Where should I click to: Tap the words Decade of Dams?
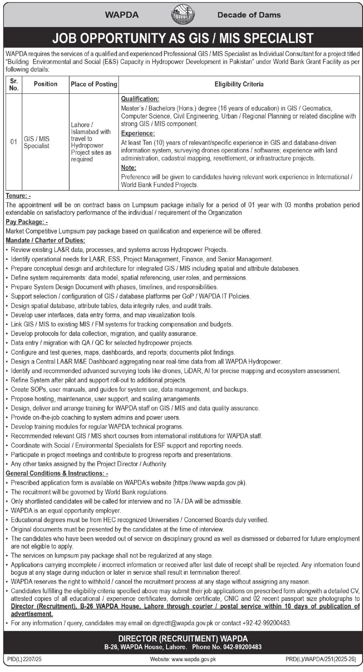point(249,15)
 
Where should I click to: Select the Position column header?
point(45,84)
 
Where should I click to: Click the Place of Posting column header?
point(94,84)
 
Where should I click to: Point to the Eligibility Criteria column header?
point(239,84)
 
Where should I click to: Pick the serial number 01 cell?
point(14,142)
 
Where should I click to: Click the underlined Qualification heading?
point(140,99)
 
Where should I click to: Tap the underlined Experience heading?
point(138,133)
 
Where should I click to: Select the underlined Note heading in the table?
point(129,167)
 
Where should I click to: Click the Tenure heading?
point(18,196)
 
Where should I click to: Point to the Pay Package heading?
point(26,222)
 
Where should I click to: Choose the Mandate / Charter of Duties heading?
point(45,240)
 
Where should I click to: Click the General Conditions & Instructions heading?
point(57,473)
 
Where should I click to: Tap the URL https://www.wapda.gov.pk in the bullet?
point(210,482)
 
